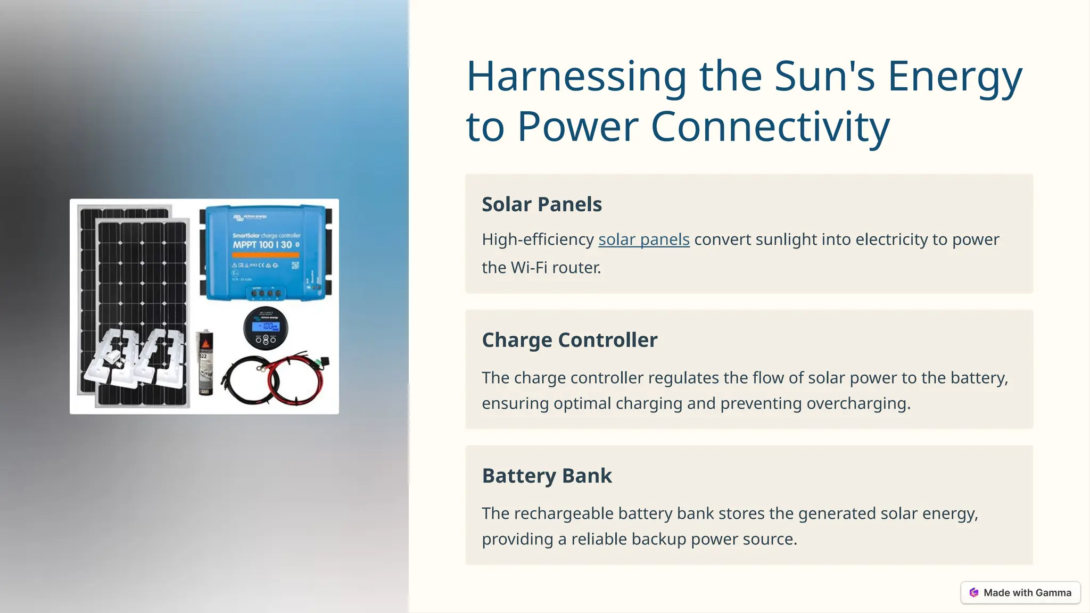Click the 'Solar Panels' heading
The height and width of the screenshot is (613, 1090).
click(541, 204)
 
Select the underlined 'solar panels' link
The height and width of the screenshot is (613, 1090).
click(643, 239)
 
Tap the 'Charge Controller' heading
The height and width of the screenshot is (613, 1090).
click(569, 340)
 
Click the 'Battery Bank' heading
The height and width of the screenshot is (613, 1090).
click(547, 476)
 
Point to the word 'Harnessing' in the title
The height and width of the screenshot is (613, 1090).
click(576, 77)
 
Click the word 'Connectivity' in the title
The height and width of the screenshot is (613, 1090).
click(770, 127)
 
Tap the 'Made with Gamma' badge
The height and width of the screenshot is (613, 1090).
click(1020, 593)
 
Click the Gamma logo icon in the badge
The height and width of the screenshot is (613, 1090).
click(973, 593)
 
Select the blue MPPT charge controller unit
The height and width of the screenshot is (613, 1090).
click(265, 252)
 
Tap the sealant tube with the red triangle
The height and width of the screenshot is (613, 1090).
click(205, 363)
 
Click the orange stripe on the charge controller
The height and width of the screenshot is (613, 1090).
click(265, 255)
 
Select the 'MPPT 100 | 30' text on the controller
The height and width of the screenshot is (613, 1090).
click(262, 245)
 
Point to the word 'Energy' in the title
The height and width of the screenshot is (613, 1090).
click(954, 77)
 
